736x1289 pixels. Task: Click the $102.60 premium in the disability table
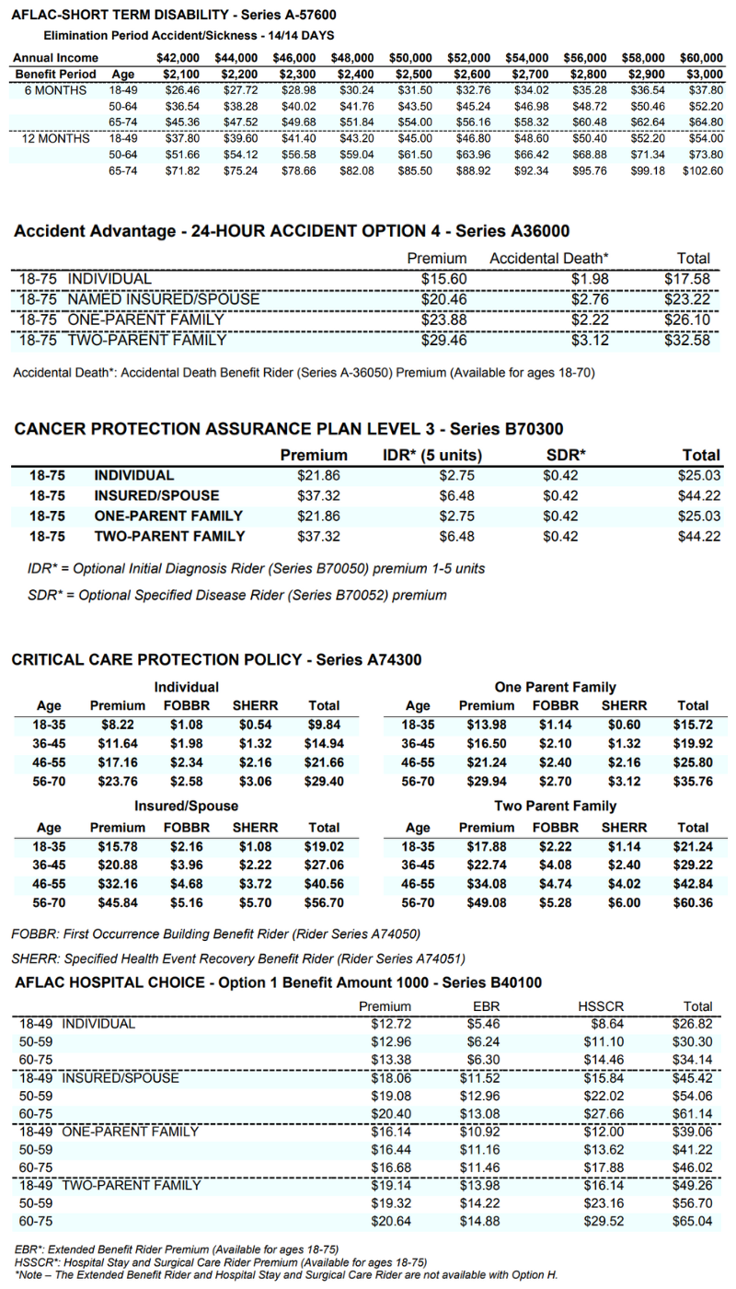[704, 170]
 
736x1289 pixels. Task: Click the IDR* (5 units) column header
[431, 455]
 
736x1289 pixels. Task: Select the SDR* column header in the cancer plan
[566, 455]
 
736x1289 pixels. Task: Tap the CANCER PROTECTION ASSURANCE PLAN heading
[287, 429]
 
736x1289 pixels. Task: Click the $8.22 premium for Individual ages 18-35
[118, 725]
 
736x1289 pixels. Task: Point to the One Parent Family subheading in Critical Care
[555, 687]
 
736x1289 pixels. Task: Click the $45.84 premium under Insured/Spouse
[118, 903]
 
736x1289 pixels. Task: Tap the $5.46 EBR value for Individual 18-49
[479, 1024]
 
